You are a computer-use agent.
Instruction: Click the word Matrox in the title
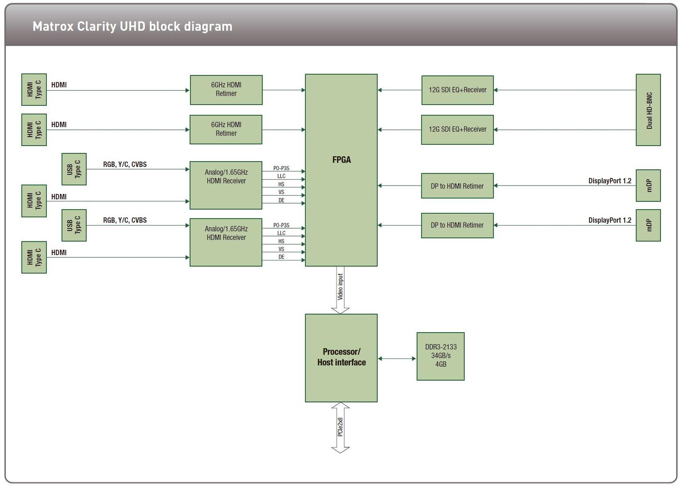pos(53,26)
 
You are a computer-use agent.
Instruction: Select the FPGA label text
pos(341,160)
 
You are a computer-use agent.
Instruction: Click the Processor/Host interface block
pos(341,358)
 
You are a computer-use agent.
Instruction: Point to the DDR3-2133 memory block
pos(440,356)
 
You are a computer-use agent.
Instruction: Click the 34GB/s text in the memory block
pos(440,356)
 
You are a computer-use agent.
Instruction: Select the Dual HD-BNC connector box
pos(648,110)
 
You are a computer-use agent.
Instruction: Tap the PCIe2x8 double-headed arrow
pos(340,427)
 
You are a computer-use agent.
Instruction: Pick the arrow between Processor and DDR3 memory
pos(397,358)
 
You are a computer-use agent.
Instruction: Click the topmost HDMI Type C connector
pos(34,89)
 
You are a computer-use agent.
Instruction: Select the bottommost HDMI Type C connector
pos(34,257)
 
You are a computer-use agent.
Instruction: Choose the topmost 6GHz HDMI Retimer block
pos(226,90)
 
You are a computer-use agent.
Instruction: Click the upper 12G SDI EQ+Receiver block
pos(457,90)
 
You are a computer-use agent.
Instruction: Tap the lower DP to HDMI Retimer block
pos(457,226)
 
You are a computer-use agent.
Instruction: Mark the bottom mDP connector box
pos(648,225)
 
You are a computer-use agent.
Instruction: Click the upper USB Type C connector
pos(74,169)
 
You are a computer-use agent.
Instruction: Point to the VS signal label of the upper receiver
pos(281,192)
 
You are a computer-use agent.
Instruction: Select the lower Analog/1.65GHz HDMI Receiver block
pos(226,242)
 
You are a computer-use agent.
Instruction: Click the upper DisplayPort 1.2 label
pos(609,181)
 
